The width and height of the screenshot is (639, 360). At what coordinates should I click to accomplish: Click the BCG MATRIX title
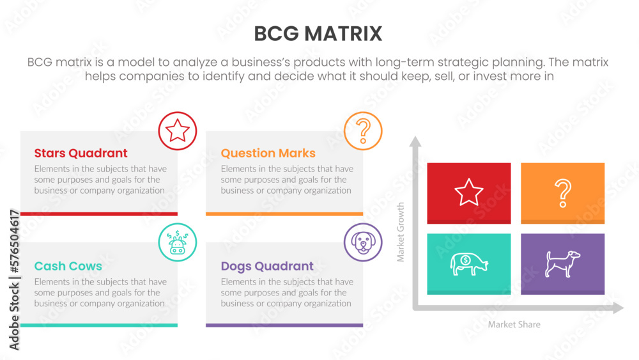(x=318, y=33)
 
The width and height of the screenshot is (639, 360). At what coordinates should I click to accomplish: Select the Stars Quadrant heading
(x=81, y=153)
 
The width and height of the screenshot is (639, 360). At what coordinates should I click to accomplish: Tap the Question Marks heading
(x=268, y=153)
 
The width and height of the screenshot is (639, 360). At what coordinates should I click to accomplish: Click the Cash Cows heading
(x=68, y=266)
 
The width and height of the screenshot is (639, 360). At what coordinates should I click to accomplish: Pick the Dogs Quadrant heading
(x=267, y=266)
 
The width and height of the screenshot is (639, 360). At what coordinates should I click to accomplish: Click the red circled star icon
(x=177, y=131)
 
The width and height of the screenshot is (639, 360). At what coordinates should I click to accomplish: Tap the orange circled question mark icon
(x=363, y=131)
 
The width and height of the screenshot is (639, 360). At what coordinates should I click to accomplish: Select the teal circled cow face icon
(x=177, y=242)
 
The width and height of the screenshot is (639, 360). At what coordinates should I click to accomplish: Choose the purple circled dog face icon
(x=363, y=242)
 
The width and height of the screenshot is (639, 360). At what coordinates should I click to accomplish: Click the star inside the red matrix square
(x=468, y=192)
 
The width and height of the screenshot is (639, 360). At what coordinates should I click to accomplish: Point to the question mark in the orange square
(x=562, y=193)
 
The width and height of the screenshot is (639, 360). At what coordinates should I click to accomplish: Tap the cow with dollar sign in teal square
(x=468, y=263)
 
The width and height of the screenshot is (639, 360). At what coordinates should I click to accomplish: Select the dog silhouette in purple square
(x=562, y=263)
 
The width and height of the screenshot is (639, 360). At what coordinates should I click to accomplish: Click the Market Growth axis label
(x=401, y=232)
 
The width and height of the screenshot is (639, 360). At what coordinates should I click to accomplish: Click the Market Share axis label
(x=514, y=325)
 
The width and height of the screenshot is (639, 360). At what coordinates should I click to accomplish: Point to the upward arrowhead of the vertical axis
(x=415, y=141)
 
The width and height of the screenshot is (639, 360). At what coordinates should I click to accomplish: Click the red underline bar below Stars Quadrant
(x=99, y=214)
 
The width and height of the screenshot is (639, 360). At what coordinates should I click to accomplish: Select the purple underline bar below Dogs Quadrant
(x=284, y=325)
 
